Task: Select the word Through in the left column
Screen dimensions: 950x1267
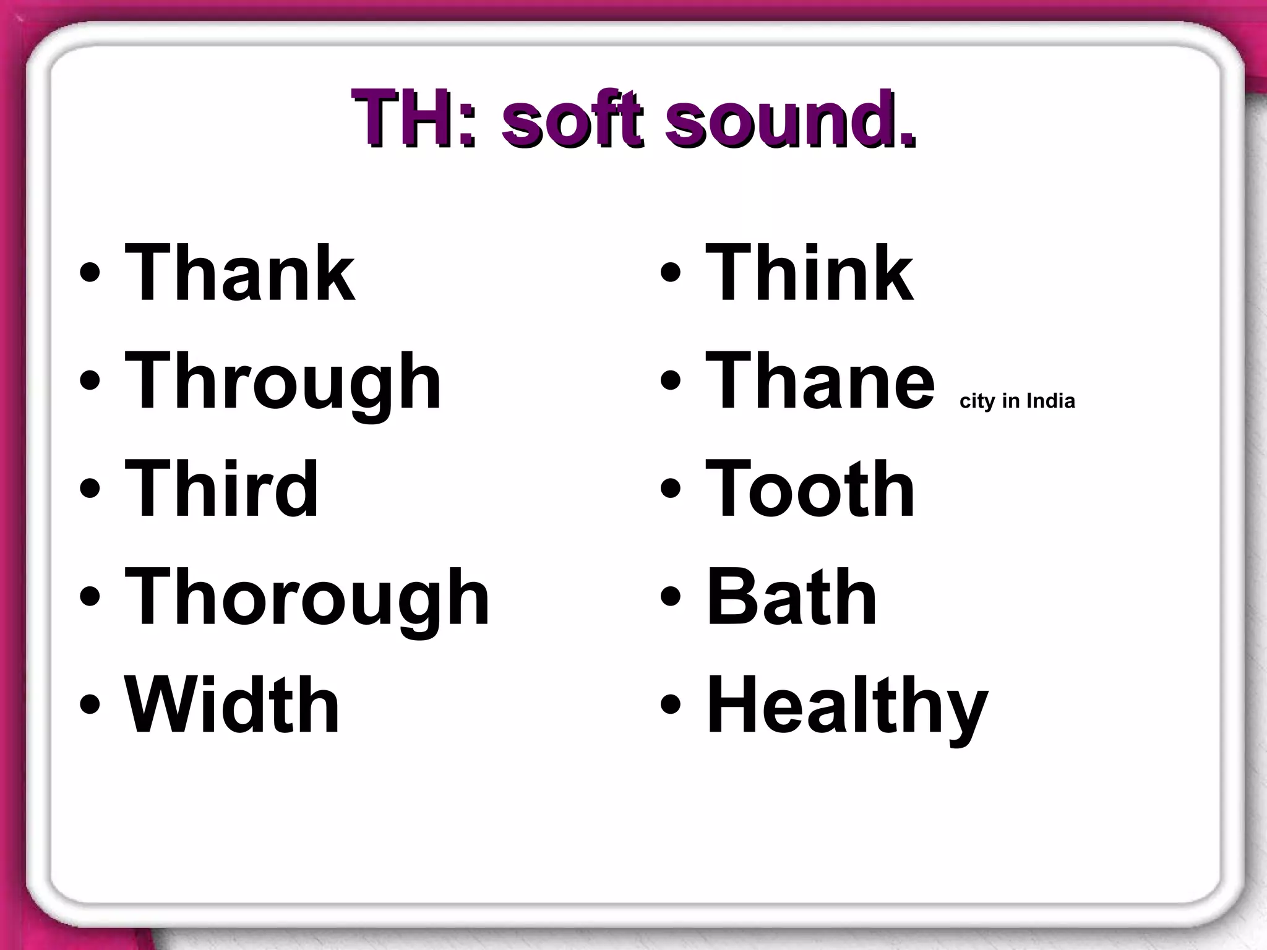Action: (283, 381)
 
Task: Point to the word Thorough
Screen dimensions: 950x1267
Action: (307, 597)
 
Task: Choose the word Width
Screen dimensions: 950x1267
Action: (233, 705)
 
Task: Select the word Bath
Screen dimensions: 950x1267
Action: (791, 597)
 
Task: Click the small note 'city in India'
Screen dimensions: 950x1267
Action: (1017, 401)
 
